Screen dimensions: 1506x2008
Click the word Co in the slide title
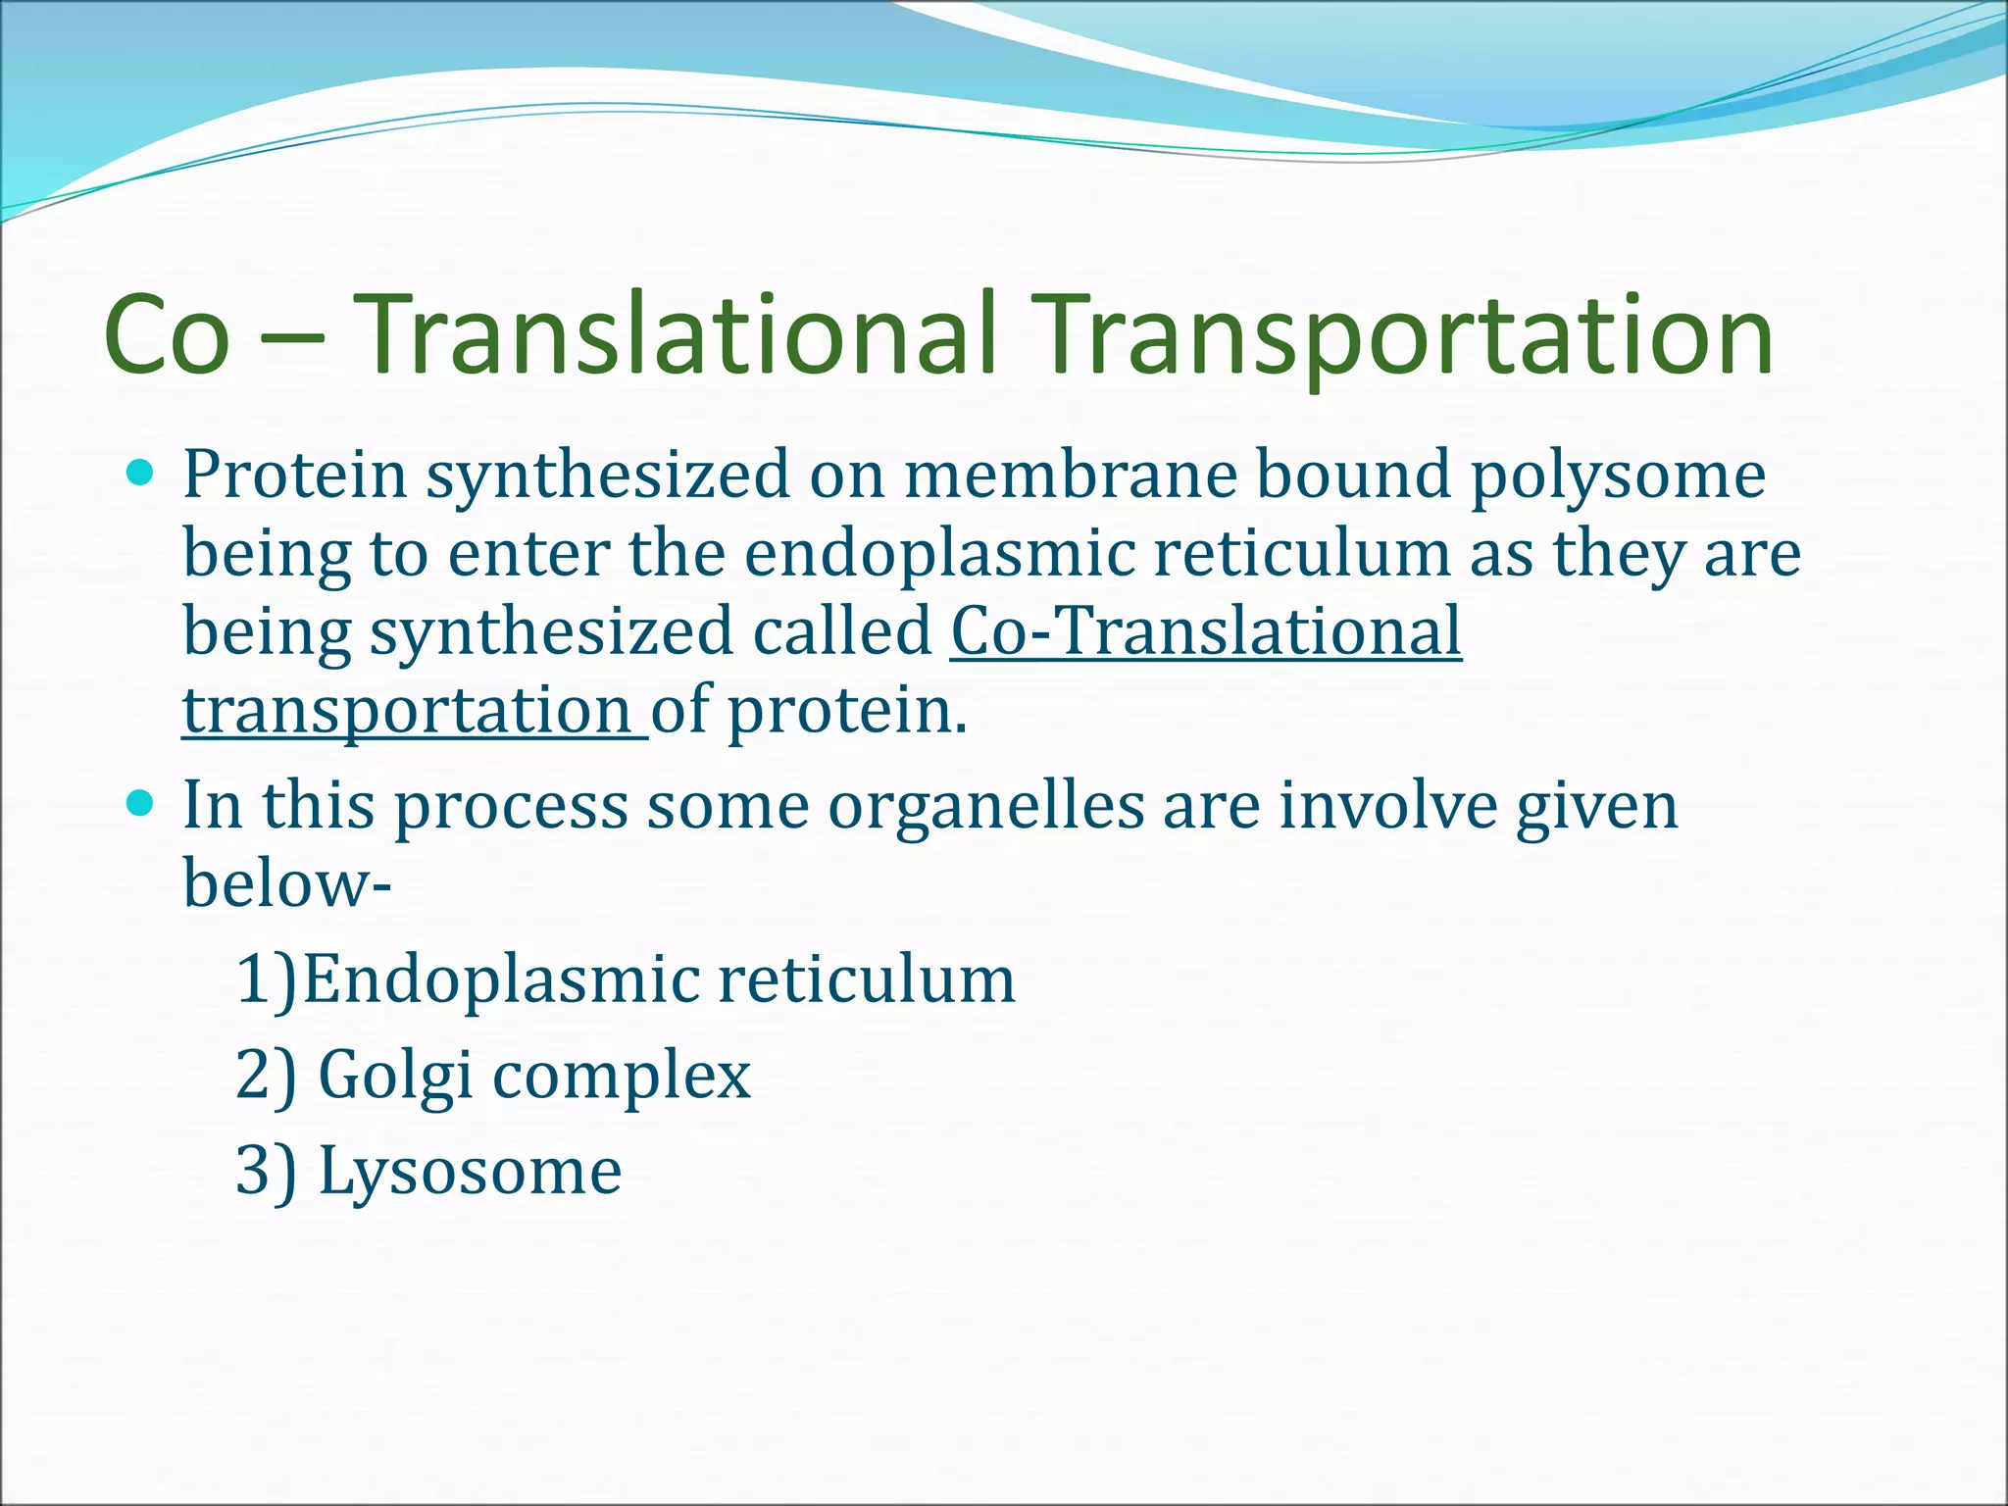[x=167, y=335]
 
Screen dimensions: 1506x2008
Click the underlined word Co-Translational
[x=1206, y=632]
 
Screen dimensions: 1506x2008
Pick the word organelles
[x=985, y=807]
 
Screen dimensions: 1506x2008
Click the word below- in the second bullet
[x=286, y=883]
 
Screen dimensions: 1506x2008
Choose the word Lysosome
[x=470, y=1172]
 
